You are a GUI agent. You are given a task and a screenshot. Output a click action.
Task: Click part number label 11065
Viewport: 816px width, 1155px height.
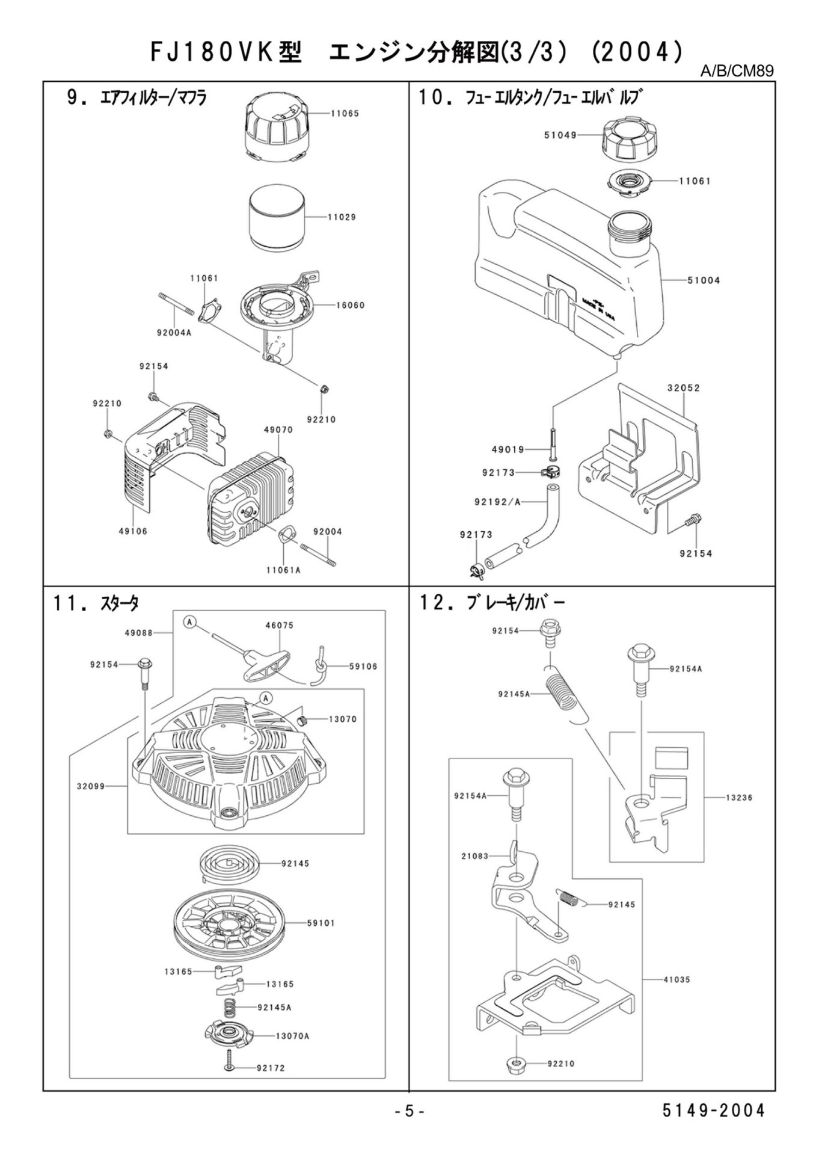tap(345, 113)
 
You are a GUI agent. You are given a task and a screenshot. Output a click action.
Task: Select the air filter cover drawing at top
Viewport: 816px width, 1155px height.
tap(278, 131)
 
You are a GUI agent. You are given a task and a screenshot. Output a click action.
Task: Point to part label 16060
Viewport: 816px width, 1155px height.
tap(350, 305)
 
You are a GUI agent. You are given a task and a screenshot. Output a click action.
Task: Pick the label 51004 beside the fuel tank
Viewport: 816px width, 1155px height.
tap(704, 280)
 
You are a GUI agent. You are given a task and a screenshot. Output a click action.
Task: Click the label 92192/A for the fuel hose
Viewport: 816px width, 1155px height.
tap(497, 501)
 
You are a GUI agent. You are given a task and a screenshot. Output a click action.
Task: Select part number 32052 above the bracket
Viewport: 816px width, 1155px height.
tap(683, 388)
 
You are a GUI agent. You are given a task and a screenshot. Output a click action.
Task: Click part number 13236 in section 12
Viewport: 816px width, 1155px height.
tap(739, 798)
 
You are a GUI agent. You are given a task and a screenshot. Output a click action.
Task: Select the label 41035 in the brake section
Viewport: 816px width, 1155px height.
tap(676, 979)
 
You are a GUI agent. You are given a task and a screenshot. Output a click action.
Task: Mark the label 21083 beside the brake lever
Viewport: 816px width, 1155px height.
tap(474, 855)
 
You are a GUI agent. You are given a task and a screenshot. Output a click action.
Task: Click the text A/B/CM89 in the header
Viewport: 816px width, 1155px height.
tap(737, 71)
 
